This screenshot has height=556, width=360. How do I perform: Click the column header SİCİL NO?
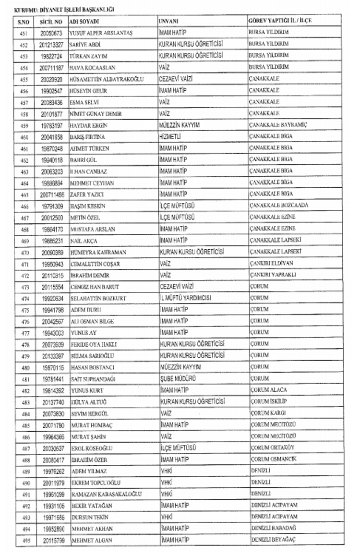pos(51,22)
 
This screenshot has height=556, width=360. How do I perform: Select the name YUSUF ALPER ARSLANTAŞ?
pos(101,33)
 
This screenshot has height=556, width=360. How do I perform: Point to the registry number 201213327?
pos(51,45)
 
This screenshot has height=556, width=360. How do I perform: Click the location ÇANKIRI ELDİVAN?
pos(272,263)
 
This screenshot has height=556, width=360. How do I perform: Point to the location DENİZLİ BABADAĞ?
pos(274,528)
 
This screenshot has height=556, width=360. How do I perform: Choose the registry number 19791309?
pos(51,206)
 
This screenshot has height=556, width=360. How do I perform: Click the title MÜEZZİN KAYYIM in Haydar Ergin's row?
pos(179,125)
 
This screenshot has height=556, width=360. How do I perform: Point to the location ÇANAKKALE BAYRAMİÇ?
pos(278,125)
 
